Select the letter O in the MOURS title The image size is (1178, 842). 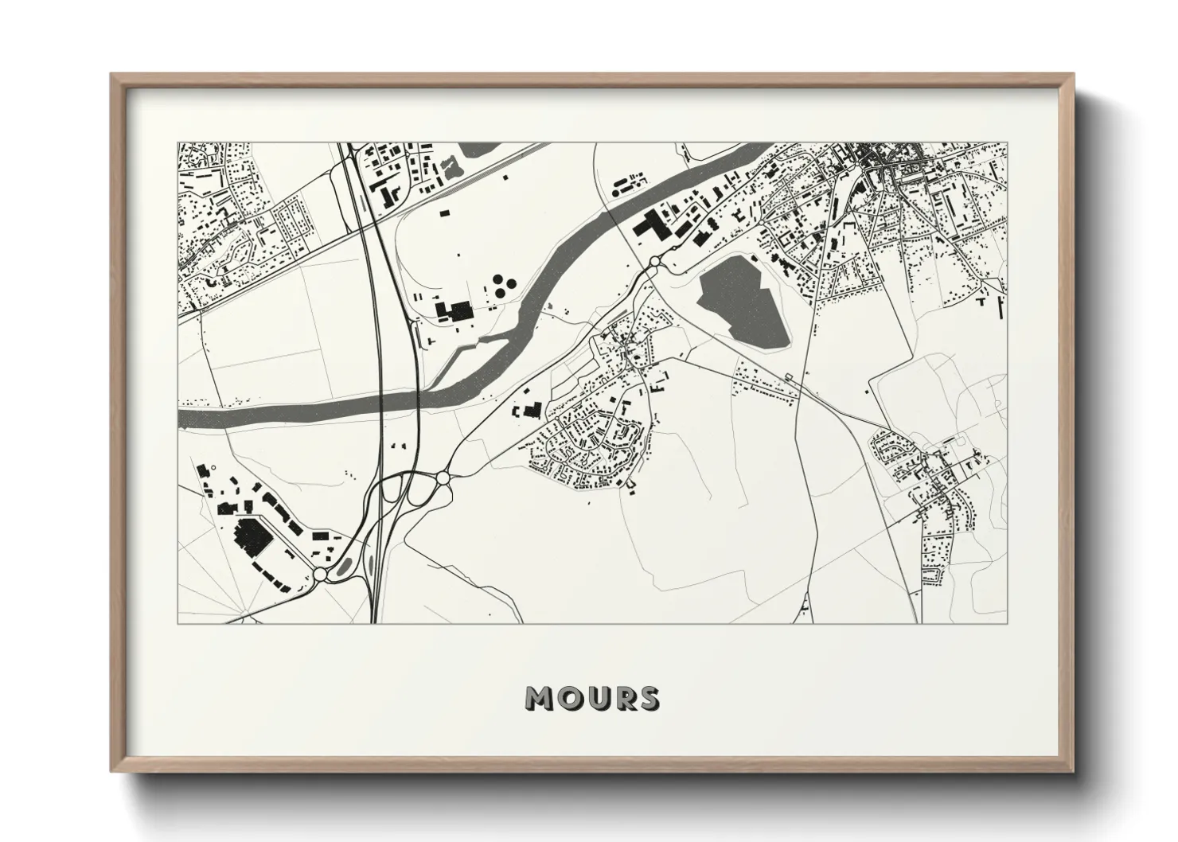pos(569,699)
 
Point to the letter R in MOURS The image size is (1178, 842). pos(622,699)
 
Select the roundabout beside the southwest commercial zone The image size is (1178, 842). pos(320,575)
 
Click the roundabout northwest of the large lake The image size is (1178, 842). pos(654,261)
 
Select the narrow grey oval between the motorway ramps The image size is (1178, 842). pos(369,564)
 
